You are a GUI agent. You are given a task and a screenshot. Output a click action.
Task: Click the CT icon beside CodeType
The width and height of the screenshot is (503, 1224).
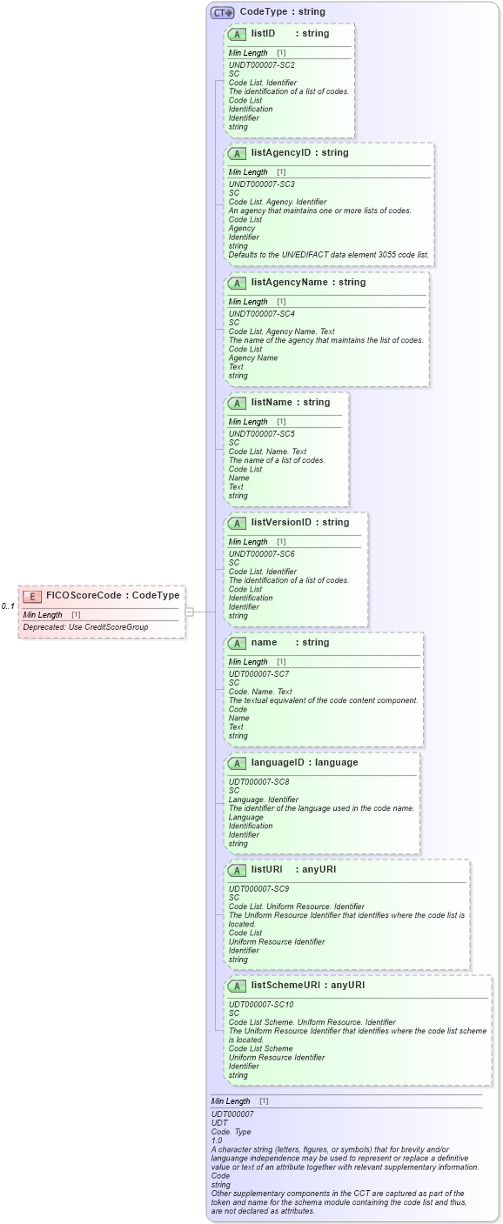click(x=223, y=12)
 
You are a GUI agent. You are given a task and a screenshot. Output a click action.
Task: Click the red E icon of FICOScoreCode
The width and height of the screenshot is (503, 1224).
click(x=31, y=596)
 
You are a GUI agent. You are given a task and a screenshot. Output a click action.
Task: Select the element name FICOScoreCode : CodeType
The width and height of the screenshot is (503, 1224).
click(x=112, y=596)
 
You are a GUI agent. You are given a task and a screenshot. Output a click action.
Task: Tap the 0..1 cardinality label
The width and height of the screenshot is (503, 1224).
click(x=8, y=605)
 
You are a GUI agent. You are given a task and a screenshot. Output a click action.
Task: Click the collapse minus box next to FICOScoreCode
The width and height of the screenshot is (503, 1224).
click(x=189, y=612)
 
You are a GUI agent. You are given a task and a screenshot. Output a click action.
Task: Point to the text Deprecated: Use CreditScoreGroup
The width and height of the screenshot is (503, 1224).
click(x=85, y=626)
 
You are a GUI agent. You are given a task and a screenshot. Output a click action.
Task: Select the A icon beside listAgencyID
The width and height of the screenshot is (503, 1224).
click(x=237, y=153)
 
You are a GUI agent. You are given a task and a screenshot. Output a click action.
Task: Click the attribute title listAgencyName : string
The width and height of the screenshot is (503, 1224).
click(x=308, y=283)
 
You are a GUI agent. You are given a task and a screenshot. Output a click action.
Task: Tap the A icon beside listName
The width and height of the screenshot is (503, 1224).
click(x=237, y=403)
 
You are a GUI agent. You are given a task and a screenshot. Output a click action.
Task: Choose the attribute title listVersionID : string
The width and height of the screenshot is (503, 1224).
click(x=299, y=523)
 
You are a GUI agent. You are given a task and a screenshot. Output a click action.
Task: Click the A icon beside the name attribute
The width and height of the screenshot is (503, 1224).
click(x=237, y=643)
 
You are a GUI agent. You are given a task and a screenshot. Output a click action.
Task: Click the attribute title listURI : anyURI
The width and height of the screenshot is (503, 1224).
click(x=293, y=870)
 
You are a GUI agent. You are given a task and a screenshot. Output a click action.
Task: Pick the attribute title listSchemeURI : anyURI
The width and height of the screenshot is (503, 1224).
click(x=307, y=985)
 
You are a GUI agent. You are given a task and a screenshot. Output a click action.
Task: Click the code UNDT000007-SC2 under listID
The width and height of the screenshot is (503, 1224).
click(x=261, y=65)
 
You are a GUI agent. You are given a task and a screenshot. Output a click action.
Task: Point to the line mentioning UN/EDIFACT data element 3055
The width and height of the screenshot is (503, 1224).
click(x=328, y=255)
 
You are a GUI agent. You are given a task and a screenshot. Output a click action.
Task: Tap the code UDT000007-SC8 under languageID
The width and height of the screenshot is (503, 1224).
click(x=258, y=781)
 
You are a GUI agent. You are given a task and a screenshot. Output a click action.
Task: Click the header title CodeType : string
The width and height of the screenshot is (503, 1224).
click(x=282, y=12)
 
